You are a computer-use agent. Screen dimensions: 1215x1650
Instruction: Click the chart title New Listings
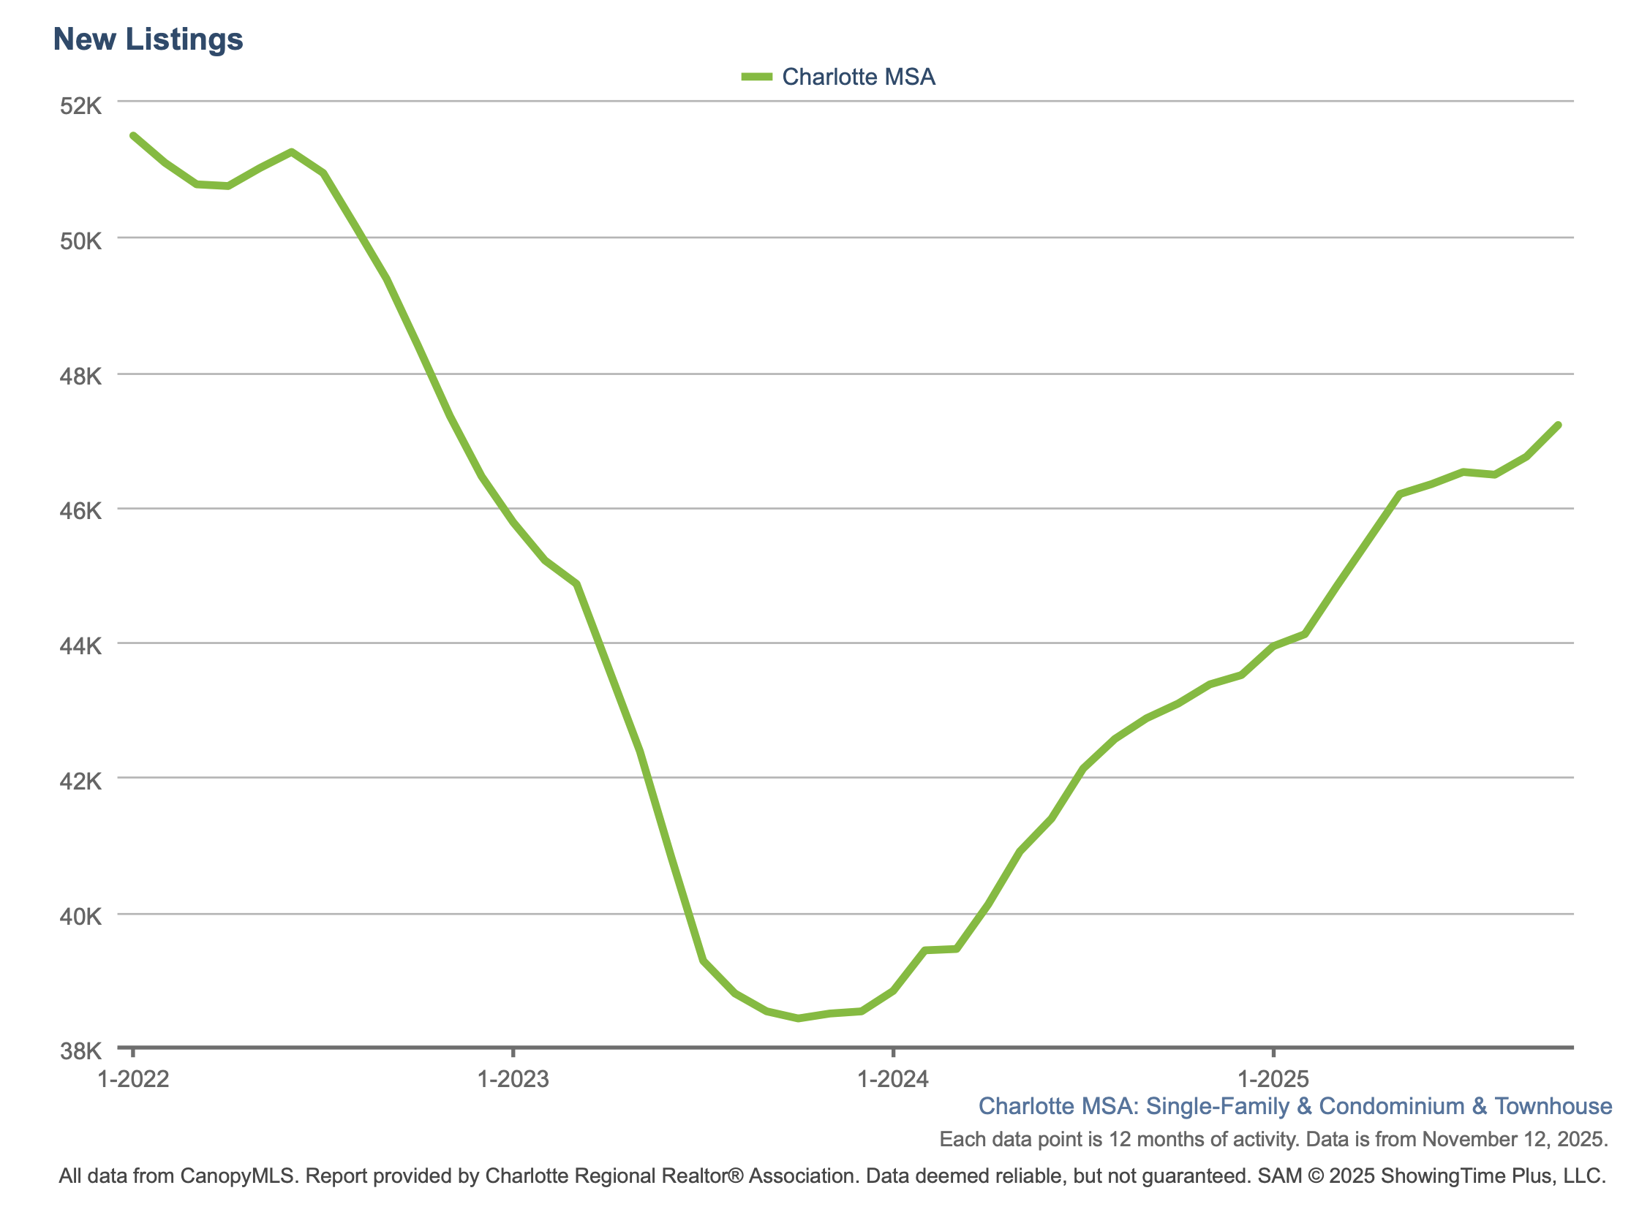pyautogui.click(x=148, y=39)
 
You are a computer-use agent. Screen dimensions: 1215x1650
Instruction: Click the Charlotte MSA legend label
pyautogui.click(x=858, y=77)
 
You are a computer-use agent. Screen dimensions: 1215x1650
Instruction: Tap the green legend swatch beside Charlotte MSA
pyautogui.click(x=756, y=77)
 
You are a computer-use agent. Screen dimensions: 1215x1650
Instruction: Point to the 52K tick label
pyautogui.click(x=80, y=106)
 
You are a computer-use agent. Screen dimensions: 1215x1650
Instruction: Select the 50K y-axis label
pyautogui.click(x=80, y=241)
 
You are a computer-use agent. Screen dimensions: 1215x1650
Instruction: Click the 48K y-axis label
pyautogui.click(x=80, y=377)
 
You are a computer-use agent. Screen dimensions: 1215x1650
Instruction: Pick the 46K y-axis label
pyautogui.click(x=80, y=511)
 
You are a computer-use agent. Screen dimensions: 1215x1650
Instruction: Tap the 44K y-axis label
pyautogui.click(x=80, y=646)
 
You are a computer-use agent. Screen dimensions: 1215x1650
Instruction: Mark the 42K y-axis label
pyautogui.click(x=80, y=781)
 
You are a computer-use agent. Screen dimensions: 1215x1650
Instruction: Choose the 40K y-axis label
pyautogui.click(x=80, y=917)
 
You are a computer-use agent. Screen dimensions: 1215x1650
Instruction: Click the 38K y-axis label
pyautogui.click(x=80, y=1051)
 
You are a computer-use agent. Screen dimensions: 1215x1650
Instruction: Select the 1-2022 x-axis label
pyautogui.click(x=133, y=1079)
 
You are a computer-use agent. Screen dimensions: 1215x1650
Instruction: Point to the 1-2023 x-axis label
pyautogui.click(x=513, y=1079)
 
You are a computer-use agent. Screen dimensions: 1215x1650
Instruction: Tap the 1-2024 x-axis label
pyautogui.click(x=893, y=1079)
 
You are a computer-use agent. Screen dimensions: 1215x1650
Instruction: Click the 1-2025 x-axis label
pyautogui.click(x=1273, y=1079)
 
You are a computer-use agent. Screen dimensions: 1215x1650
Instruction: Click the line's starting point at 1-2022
pyautogui.click(x=133, y=135)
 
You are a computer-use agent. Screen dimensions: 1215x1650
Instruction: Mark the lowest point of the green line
pyautogui.click(x=798, y=1018)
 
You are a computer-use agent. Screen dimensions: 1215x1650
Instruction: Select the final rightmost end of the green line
pyautogui.click(x=1558, y=425)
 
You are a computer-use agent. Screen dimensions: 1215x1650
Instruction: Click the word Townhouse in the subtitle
pyautogui.click(x=1553, y=1106)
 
